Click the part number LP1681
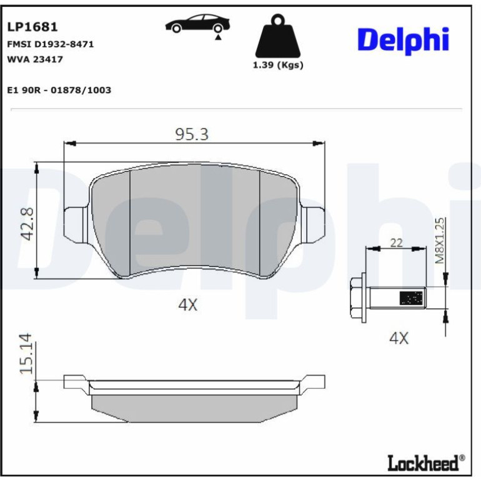[32, 27]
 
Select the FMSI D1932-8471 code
[51, 44]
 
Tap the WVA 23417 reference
[35, 59]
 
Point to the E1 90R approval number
[59, 90]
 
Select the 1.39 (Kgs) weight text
[278, 65]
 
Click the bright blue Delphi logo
[403, 41]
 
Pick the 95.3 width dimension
[192, 134]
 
